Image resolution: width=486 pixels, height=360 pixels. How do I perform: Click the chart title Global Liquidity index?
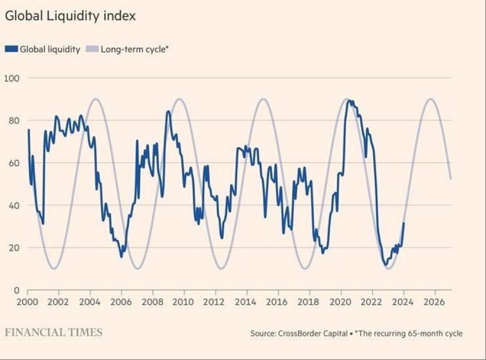click(x=70, y=16)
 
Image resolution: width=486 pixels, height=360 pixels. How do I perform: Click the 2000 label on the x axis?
click(x=27, y=301)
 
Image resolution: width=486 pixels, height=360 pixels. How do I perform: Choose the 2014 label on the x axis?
click(x=247, y=301)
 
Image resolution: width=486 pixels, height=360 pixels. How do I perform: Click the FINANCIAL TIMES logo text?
click(x=54, y=333)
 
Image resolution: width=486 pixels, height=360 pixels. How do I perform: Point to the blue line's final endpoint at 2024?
click(x=404, y=223)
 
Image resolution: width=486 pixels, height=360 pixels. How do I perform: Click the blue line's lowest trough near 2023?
click(x=385, y=265)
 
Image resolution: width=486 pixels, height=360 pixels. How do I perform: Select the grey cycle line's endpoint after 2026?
click(x=451, y=179)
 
